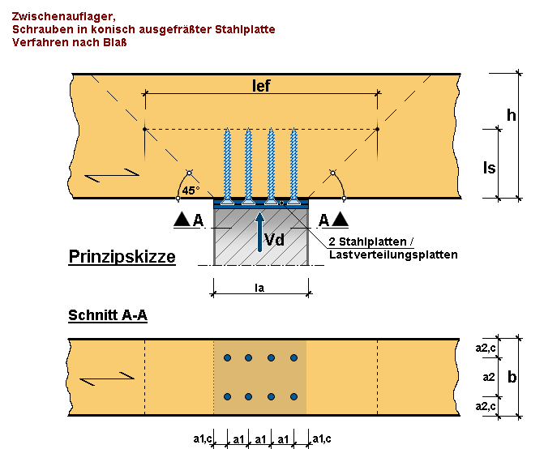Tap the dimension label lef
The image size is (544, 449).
pyautogui.click(x=261, y=87)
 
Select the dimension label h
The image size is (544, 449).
pyautogui.click(x=511, y=115)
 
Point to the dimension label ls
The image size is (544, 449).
pyautogui.click(x=489, y=168)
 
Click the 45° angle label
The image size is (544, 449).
pyautogui.click(x=190, y=191)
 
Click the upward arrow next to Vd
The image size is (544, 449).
pyautogui.click(x=260, y=231)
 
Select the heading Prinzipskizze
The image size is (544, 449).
pyautogui.click(x=121, y=258)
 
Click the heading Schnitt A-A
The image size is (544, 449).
pyautogui.click(x=107, y=315)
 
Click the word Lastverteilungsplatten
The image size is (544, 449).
pyautogui.click(x=393, y=254)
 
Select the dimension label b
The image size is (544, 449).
pyautogui.click(x=512, y=377)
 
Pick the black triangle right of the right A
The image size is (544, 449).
pyautogui.click(x=341, y=220)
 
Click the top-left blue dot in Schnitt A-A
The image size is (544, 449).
pyautogui.click(x=228, y=357)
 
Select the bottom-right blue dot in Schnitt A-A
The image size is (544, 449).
pyautogui.click(x=293, y=396)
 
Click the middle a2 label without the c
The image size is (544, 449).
pyautogui.click(x=489, y=377)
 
